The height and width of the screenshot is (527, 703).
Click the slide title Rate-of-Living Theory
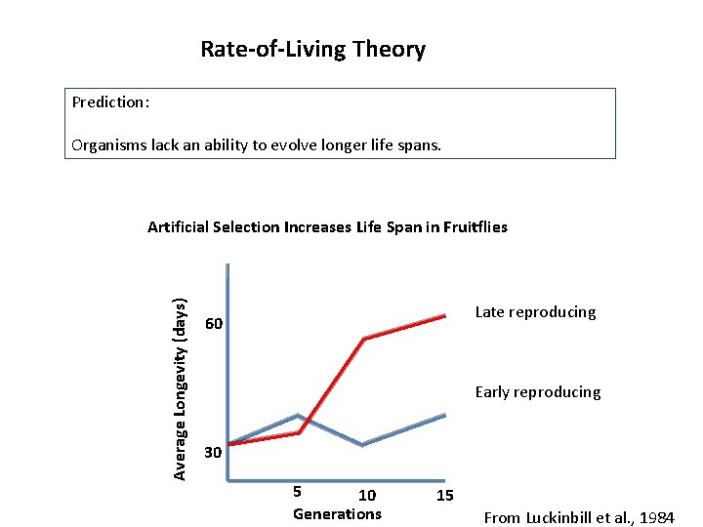point(312,49)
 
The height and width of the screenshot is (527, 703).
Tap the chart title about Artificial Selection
point(327,227)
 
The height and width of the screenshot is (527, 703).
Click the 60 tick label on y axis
point(214,324)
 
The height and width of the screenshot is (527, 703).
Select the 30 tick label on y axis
point(214,453)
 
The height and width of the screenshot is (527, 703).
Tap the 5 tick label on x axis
point(298,491)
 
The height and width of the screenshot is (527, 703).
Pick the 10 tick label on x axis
point(367,496)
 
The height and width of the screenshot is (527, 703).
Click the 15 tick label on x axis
point(444,496)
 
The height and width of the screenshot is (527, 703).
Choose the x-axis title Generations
point(337,514)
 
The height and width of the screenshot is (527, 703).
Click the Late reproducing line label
point(535,312)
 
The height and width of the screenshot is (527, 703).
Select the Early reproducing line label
point(538,392)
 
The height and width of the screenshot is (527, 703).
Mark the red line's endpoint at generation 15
point(445,315)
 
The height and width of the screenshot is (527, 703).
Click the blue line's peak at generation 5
point(298,416)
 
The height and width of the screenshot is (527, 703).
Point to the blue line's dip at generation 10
point(362,445)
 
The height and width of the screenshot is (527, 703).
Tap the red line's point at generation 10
point(363,339)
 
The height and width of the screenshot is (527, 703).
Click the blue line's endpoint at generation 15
point(445,416)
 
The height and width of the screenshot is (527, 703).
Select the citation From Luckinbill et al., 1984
point(579,517)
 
